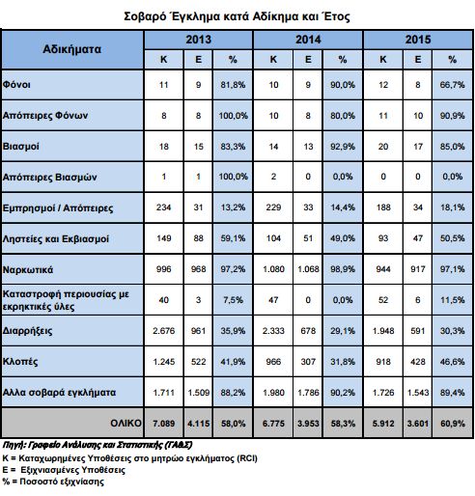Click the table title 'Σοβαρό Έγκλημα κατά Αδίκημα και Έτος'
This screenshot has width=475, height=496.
[x=237, y=16]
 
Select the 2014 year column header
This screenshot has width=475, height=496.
[x=308, y=40]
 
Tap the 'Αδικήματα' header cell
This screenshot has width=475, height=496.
[x=72, y=49]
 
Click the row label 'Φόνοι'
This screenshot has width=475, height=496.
[x=16, y=85]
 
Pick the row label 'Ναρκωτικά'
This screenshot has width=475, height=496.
[x=28, y=269]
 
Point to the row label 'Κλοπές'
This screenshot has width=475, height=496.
[x=20, y=362]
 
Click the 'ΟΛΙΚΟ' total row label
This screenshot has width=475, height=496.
[x=126, y=423]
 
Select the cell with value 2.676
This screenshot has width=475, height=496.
[x=163, y=331]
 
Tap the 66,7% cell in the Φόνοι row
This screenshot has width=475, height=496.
[x=452, y=85]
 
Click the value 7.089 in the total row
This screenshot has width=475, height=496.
[x=163, y=424]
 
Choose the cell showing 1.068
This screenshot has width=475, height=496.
[x=308, y=269]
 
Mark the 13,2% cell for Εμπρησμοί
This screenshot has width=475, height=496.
[x=233, y=207]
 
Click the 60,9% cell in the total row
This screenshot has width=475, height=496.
[x=452, y=424]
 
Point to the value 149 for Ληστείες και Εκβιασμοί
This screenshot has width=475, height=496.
[x=163, y=238]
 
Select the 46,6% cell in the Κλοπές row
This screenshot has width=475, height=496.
[x=452, y=362]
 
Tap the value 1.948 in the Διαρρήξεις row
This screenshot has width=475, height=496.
[x=383, y=331]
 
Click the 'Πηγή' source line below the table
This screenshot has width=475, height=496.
[x=98, y=445]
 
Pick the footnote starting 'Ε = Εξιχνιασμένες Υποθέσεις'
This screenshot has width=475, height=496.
[x=64, y=470]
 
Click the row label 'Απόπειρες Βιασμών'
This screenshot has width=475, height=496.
[x=49, y=177]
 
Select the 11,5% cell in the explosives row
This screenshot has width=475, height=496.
[x=452, y=300]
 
